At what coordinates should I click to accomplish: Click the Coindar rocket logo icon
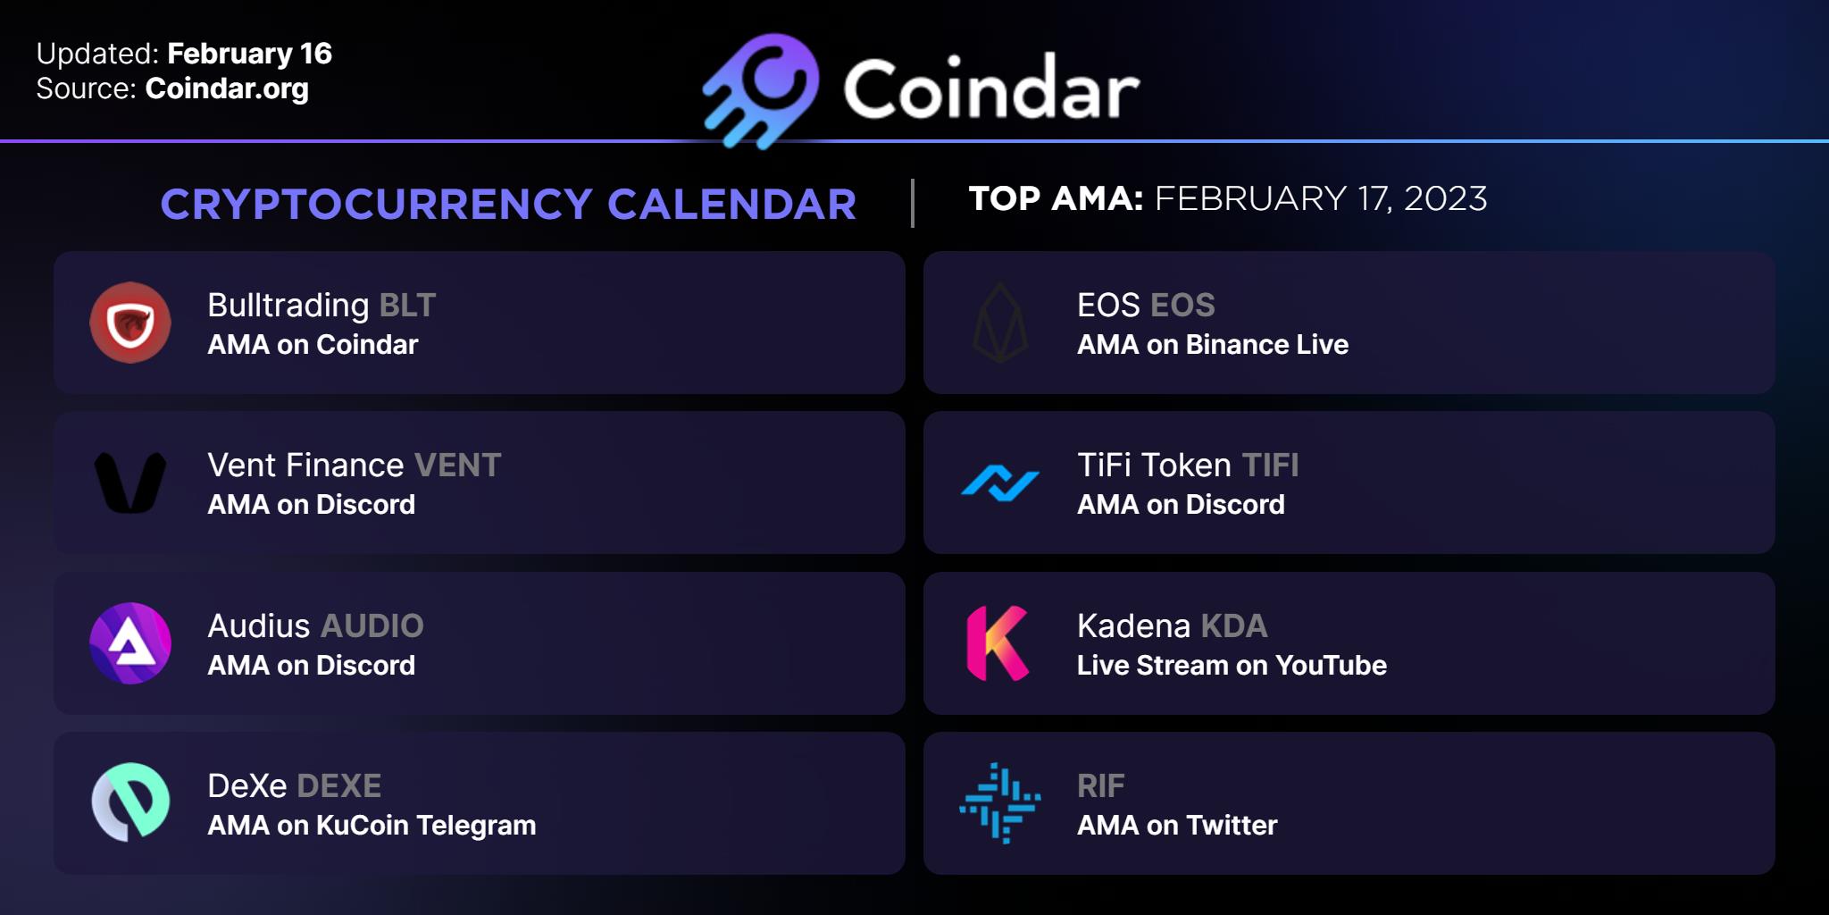coord(761,90)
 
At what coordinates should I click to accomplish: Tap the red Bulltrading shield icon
coord(130,323)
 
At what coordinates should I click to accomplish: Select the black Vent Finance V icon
coord(130,483)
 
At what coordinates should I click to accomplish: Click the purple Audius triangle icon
coord(130,643)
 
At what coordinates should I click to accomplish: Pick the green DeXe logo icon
coord(130,802)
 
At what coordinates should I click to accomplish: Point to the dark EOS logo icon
coord(1000,323)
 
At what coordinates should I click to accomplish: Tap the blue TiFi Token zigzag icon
coord(1000,483)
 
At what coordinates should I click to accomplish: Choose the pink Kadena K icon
coord(998,643)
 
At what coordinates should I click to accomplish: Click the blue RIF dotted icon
coord(1000,803)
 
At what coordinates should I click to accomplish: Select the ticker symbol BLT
coord(407,306)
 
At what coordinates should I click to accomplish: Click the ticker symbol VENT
coord(458,466)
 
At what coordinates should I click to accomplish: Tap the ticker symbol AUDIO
coord(372,626)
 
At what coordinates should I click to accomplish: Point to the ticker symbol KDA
coord(1234,626)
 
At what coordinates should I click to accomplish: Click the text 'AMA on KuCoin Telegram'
coord(372,826)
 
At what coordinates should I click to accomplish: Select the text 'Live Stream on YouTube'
coord(1232,666)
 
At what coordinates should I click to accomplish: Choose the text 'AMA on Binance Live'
coord(1213,345)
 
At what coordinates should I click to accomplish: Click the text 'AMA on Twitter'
coord(1177,826)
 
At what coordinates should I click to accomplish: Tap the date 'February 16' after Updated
coord(249,55)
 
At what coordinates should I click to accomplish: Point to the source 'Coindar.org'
coord(227,88)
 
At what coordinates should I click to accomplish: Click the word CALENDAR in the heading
coord(732,205)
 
